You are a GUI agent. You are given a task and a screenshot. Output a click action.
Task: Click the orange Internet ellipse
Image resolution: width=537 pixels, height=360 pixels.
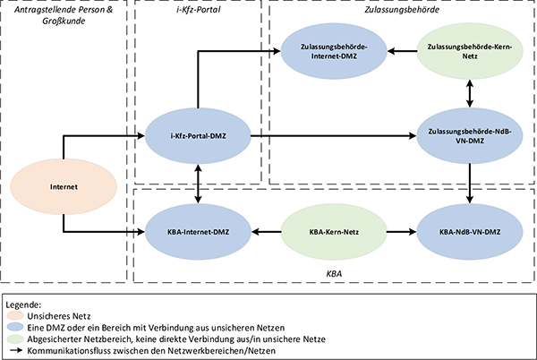click(x=64, y=187)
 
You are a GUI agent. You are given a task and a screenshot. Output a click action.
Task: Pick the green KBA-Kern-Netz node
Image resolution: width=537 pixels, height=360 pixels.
click(x=334, y=231)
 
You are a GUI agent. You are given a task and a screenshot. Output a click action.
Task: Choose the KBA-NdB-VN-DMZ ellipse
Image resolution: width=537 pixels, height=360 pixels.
click(x=470, y=231)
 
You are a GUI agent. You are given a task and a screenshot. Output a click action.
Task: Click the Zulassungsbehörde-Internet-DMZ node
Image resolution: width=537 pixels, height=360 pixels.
click(x=334, y=51)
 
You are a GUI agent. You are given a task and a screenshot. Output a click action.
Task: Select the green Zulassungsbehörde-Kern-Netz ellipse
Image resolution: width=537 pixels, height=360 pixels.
click(x=470, y=51)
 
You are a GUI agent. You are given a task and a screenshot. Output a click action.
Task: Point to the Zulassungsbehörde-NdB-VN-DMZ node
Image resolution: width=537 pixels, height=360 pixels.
click(x=470, y=136)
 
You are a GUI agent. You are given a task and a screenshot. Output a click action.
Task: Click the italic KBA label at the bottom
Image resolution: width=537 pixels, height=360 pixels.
click(x=334, y=270)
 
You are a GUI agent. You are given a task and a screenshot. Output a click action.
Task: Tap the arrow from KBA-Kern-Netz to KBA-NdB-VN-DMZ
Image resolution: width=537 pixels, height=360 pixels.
click(x=400, y=231)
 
